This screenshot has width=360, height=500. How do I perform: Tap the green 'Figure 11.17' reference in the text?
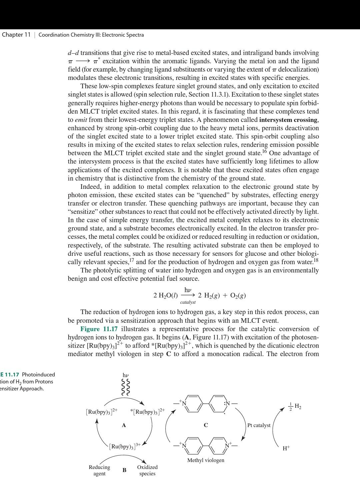(99, 329)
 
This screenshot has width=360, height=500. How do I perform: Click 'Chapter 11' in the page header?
(16, 35)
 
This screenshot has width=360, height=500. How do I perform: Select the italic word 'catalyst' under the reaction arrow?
(188, 302)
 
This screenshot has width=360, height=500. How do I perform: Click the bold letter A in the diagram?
(124, 425)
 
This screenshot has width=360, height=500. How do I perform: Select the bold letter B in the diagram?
(124, 470)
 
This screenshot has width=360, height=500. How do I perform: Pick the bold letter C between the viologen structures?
(206, 425)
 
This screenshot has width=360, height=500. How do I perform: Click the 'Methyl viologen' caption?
(206, 460)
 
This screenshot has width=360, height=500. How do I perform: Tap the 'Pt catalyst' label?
(259, 425)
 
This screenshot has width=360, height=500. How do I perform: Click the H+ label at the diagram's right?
(286, 448)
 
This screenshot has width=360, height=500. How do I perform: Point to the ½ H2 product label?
(295, 407)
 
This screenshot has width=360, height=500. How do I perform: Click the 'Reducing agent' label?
(99, 470)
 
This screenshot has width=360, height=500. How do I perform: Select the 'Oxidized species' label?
(147, 470)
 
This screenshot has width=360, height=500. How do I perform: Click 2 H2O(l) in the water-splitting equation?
(165, 295)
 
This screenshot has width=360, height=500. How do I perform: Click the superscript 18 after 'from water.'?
(316, 260)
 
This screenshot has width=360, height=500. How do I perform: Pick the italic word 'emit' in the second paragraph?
(81, 120)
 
